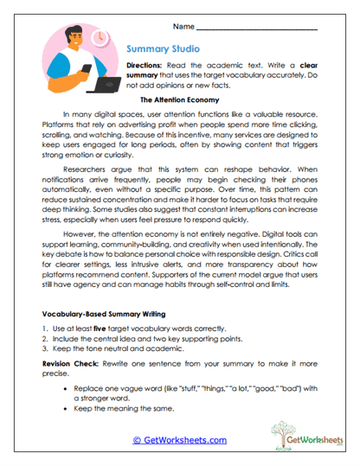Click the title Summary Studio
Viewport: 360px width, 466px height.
point(167,49)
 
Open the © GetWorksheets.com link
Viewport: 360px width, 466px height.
point(180,439)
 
